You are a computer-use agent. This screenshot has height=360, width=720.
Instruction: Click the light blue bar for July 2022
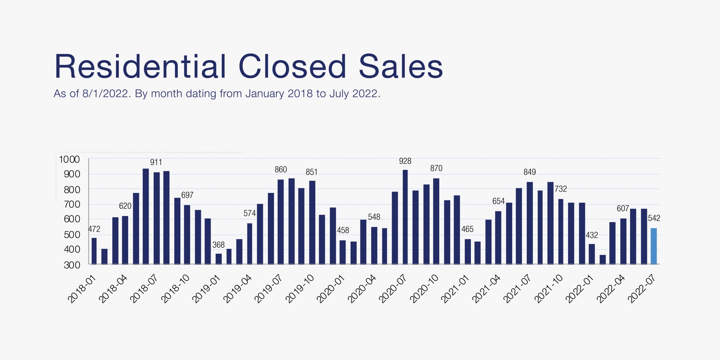(654, 246)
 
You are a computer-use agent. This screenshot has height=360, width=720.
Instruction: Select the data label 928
(405, 161)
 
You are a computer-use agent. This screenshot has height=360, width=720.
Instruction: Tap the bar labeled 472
(94, 251)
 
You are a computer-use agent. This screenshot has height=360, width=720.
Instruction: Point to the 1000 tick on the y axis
(69, 159)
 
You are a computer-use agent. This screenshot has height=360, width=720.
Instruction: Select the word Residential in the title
(140, 67)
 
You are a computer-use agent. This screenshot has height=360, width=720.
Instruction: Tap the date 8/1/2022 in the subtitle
(105, 94)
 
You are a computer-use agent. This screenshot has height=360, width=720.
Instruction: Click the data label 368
(219, 245)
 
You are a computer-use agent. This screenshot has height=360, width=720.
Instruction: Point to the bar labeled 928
(405, 217)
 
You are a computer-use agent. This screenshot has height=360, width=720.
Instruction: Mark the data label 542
(654, 218)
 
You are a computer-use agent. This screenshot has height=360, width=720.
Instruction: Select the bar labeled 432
(592, 254)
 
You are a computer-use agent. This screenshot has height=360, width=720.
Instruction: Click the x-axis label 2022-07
(642, 289)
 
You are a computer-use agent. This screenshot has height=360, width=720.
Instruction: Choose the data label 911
(156, 162)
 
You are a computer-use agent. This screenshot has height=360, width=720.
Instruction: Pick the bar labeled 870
(436, 221)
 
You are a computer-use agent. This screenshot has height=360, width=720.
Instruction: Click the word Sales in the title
(401, 67)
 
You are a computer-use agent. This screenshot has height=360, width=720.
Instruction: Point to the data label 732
(561, 189)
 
